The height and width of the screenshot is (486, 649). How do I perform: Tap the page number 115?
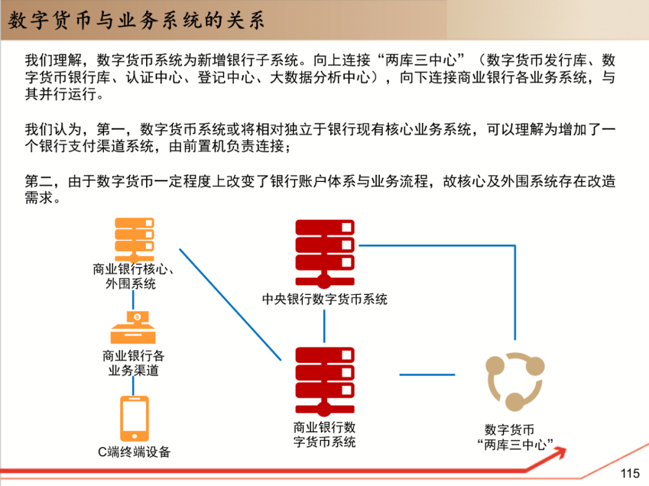click(630, 473)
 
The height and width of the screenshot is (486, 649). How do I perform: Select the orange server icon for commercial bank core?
click(135, 238)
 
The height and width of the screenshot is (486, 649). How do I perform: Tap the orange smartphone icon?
click(134, 418)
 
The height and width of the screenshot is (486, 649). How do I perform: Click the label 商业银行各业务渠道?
click(133, 363)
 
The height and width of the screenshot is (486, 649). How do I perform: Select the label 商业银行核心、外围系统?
click(133, 276)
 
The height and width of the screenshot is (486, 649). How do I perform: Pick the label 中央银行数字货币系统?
click(324, 299)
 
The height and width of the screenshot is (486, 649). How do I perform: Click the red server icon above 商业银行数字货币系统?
click(324, 381)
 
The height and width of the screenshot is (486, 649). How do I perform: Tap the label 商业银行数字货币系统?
click(324, 434)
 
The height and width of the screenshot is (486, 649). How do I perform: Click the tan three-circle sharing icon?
click(514, 381)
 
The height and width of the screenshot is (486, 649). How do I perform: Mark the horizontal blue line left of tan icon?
click(427, 374)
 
